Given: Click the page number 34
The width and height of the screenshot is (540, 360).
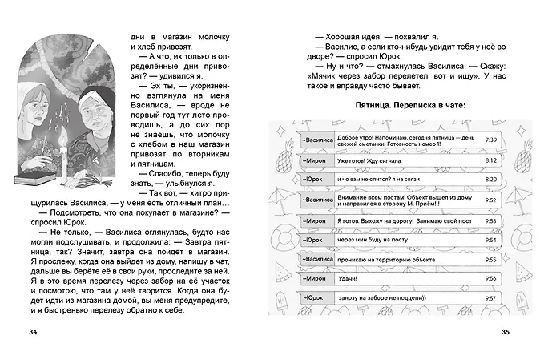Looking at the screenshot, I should coord(32,331).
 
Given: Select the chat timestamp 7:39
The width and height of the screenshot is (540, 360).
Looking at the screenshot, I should coord(491,140).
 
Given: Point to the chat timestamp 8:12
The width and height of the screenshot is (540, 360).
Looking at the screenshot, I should coord(491,160).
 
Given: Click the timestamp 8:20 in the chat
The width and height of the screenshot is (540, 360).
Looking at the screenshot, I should coord(491,180).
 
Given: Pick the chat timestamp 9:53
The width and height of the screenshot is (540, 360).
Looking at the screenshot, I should coord(491,219).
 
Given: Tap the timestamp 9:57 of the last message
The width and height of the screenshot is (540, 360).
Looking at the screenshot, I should coord(491,297).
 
